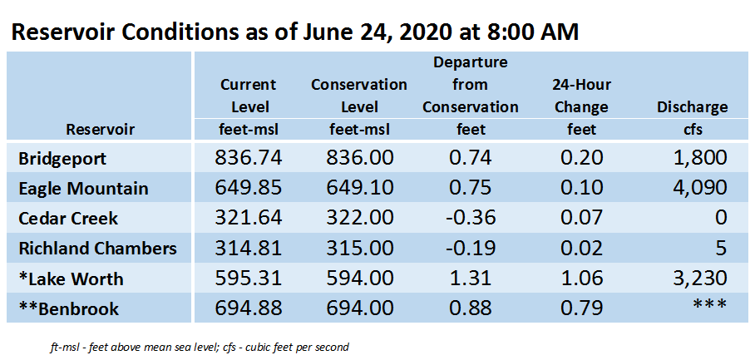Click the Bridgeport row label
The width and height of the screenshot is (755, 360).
[62, 159]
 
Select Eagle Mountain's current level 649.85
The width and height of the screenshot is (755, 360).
[248, 188]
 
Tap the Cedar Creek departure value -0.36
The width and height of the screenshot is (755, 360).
[470, 218]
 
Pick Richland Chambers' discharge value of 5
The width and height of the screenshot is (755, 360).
[721, 249]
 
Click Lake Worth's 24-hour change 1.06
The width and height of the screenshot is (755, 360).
[581, 279]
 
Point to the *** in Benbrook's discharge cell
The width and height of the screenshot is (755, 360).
[710, 305]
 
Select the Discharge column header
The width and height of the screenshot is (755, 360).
[692, 107]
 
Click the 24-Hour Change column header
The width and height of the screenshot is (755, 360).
[582, 96]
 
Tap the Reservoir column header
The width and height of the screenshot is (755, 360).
[100, 130]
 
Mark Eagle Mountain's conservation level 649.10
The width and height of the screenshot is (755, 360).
[359, 188]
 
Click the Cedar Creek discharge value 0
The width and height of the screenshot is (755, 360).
[721, 218]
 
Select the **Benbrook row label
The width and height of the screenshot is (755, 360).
[68, 308]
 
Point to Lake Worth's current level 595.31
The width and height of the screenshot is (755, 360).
[248, 279]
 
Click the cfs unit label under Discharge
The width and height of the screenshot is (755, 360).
[692, 130]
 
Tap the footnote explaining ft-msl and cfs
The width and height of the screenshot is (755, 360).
[199, 347]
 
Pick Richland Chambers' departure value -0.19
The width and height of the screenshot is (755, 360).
[470, 249]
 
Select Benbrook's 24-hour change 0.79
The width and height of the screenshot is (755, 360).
[581, 308]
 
